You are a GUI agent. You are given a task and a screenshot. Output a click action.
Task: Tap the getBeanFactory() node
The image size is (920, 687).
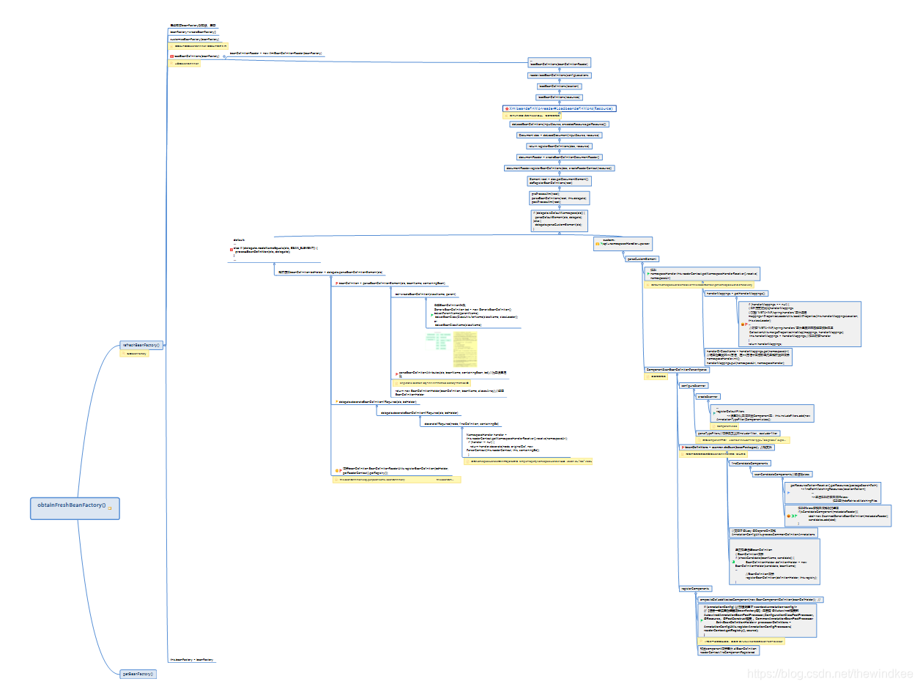(138, 674)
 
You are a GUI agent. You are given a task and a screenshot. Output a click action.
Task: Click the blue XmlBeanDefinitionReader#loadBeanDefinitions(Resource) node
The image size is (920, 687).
(560, 108)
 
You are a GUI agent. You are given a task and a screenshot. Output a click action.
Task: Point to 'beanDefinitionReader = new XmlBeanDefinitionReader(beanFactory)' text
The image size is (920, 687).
(276, 53)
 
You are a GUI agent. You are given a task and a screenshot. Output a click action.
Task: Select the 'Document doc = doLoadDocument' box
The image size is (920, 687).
(559, 135)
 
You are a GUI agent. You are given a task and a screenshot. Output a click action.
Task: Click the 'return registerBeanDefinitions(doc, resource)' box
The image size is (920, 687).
(559, 146)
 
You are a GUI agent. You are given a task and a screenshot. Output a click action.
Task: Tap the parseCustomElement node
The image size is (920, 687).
(641, 259)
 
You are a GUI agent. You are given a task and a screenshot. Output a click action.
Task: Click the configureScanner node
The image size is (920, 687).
(693, 385)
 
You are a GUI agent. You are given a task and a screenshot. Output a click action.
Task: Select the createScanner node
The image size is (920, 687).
(707, 396)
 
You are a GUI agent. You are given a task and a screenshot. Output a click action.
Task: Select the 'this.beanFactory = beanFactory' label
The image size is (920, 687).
(191, 660)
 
